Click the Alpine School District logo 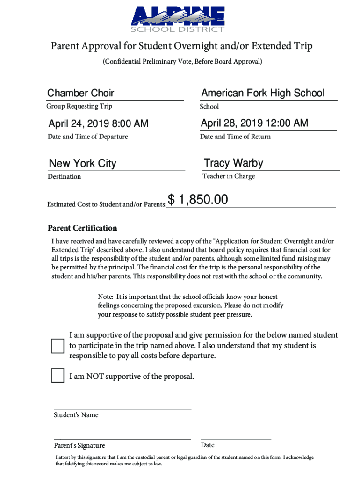coord(178,19)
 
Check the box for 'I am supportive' coord(58,346)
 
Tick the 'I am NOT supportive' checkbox coord(58,376)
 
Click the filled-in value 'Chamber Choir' coord(80,93)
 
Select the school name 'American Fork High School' coord(263,93)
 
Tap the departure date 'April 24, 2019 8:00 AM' coord(98,123)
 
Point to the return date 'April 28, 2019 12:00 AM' coord(254,123)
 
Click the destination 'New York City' coord(82,163)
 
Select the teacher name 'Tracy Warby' coord(233,163)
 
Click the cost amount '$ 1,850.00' coord(198,200)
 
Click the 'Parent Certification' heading coord(82,228)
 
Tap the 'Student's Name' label coord(76,415)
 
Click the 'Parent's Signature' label coord(79,445)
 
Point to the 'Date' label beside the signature coord(207,445)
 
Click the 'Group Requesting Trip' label coord(79,106)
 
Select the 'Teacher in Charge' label coord(228,176)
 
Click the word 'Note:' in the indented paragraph coord(106,297)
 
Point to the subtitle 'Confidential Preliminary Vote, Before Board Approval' coord(182,62)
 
